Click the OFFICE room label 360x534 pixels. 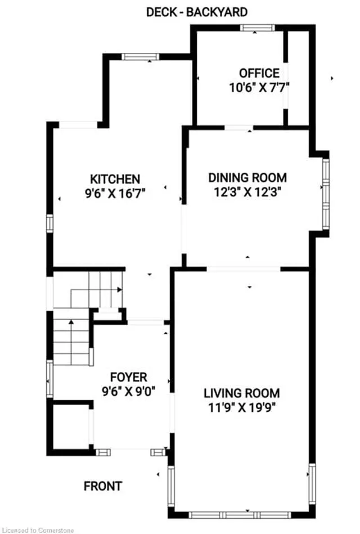[x=259, y=73]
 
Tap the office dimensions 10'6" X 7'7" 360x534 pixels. [x=259, y=88]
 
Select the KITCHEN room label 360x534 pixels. [x=115, y=179]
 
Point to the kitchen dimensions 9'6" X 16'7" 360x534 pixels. [x=115, y=194]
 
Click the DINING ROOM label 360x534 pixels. [x=247, y=178]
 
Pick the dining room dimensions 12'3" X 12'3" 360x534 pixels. [x=247, y=192]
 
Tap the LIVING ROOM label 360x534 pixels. [x=242, y=393]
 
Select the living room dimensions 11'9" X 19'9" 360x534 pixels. [x=242, y=407]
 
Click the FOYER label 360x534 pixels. [x=129, y=377]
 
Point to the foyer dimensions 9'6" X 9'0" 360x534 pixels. [x=129, y=391]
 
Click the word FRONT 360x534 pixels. [x=103, y=486]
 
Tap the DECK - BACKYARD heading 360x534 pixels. [x=197, y=12]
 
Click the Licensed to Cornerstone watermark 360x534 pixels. [x=37, y=530]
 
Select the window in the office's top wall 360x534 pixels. [x=257, y=28]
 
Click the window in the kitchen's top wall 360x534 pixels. [x=140, y=56]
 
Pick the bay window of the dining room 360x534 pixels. [x=326, y=194]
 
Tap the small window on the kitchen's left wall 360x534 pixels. [x=50, y=223]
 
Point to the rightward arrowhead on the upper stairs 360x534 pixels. [x=120, y=289]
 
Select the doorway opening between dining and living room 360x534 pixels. [x=244, y=269]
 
